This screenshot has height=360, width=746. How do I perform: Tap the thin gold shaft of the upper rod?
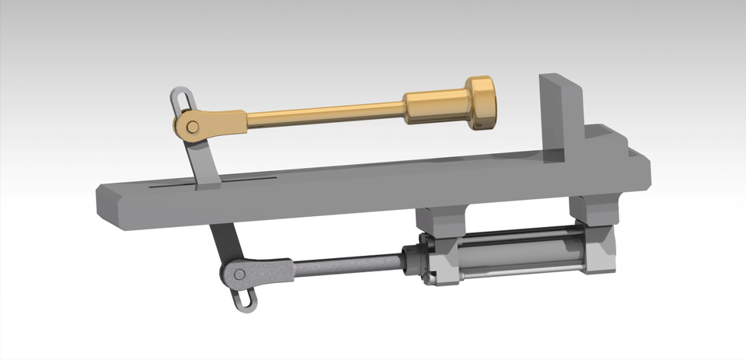pos(326,117)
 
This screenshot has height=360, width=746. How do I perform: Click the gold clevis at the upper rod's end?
pos(214,124)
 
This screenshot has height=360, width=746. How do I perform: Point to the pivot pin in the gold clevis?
pos(191,127)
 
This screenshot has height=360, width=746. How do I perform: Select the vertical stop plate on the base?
pos(561,117)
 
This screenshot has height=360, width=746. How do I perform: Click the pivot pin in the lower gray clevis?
pos(240,273)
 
